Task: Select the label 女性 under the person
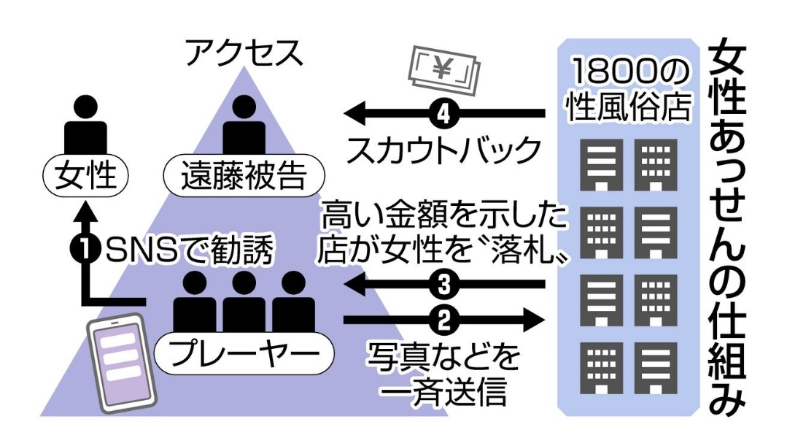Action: pos(85,175)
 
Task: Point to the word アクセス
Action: pos(244,53)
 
